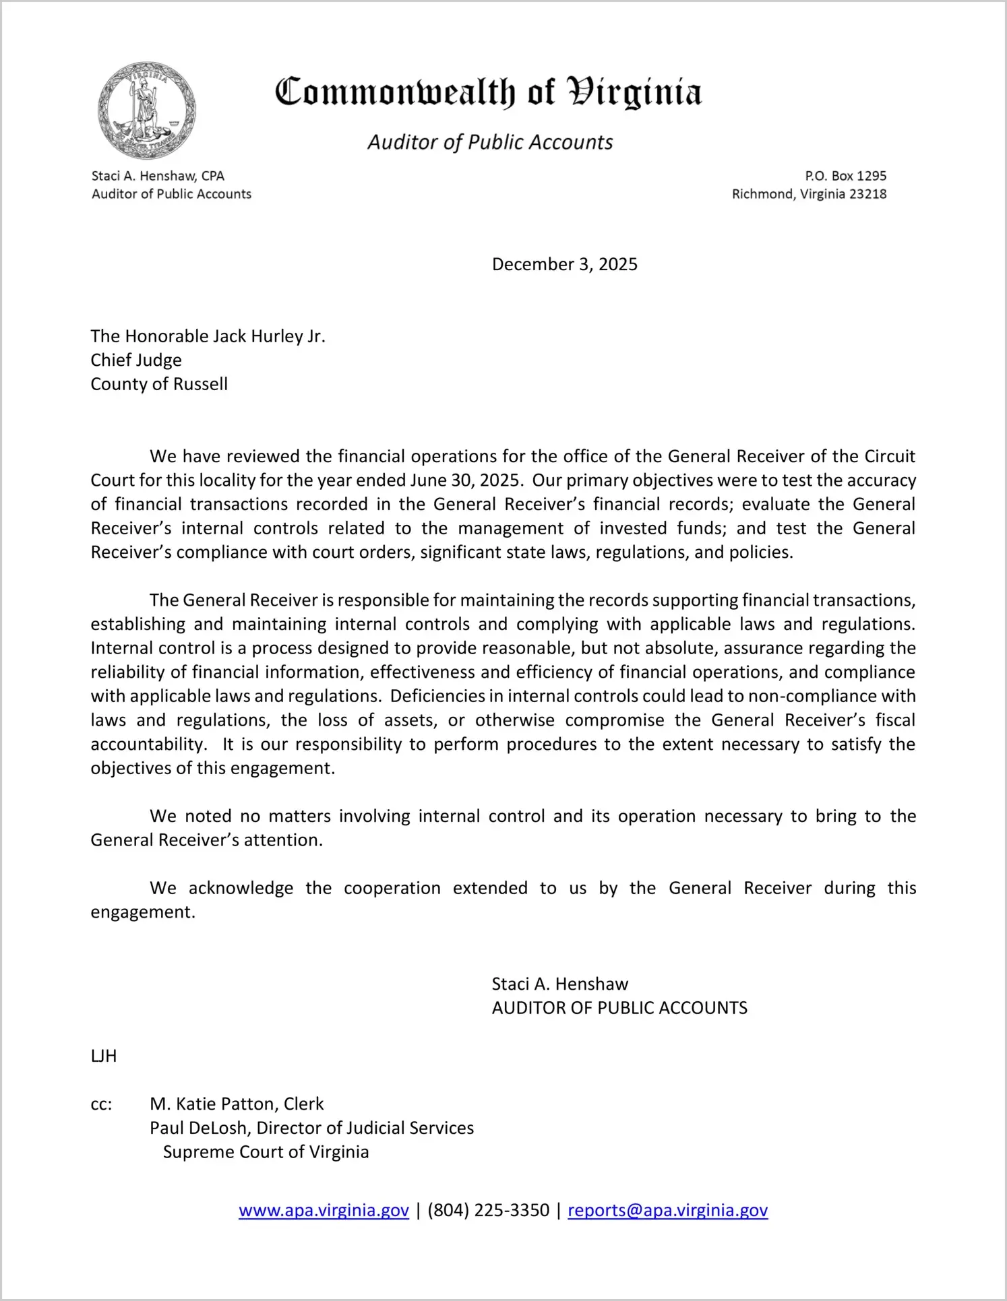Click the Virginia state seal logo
click(x=147, y=110)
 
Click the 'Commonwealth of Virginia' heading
click(x=488, y=92)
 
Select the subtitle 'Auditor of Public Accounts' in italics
click(x=490, y=142)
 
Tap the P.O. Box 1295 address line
click(x=845, y=176)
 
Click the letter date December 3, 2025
click(x=564, y=264)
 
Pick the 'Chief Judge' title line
click(x=136, y=360)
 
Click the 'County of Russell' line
click(x=159, y=384)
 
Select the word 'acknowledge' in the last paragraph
click(x=241, y=888)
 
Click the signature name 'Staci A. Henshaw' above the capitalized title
click(x=559, y=984)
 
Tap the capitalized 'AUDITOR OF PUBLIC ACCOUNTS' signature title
click(x=619, y=1008)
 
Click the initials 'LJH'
click(x=104, y=1056)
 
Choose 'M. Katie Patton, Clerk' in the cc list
click(x=237, y=1104)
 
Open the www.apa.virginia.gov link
click(x=324, y=1210)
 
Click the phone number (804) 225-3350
click(x=488, y=1210)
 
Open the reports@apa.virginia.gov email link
click(x=667, y=1210)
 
